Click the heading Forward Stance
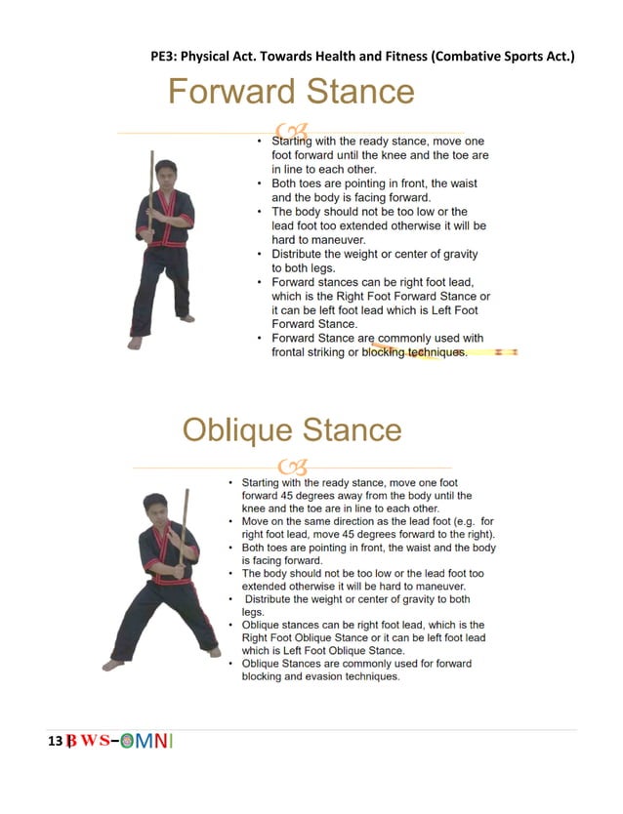(291, 92)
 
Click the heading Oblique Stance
(291, 430)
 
